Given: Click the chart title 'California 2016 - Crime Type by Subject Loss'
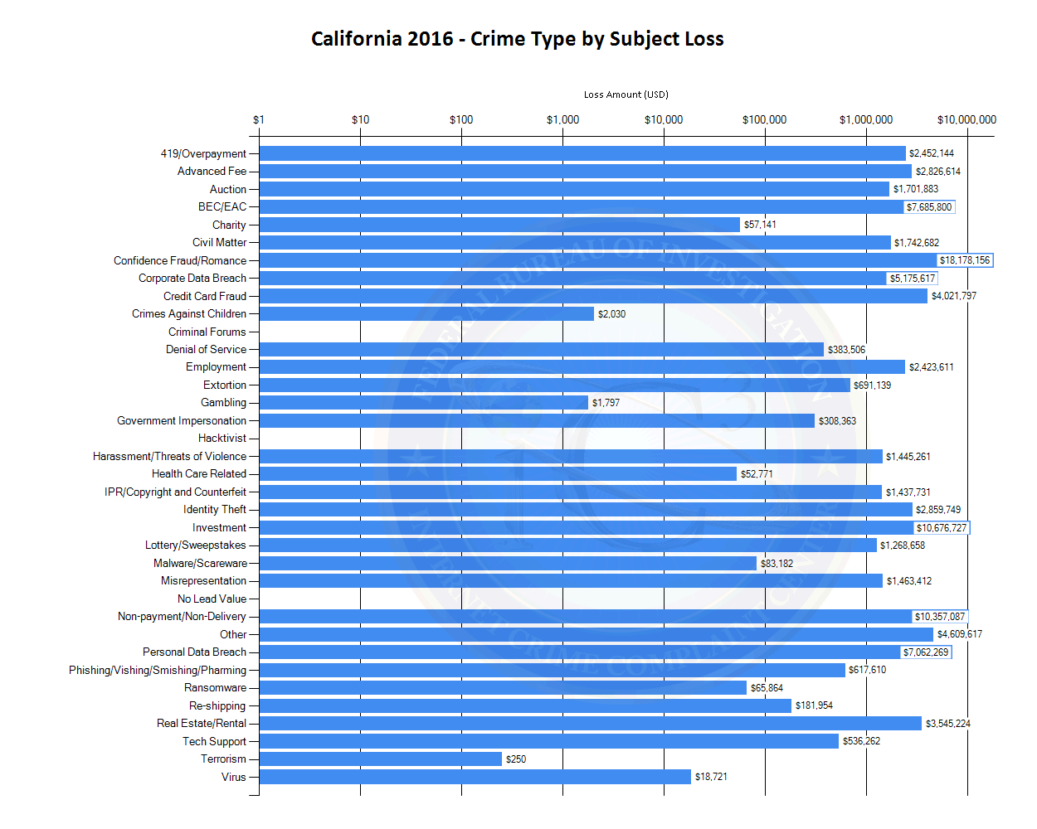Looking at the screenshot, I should pos(517,39).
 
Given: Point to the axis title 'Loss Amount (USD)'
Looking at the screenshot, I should pos(626,95).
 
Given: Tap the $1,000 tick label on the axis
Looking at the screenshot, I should pos(562,119).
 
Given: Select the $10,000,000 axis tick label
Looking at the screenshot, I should pos(966,119).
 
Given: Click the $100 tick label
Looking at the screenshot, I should pos(461,119).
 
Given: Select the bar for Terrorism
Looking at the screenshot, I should pos(380,759).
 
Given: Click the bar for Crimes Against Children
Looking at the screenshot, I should pos(426,314).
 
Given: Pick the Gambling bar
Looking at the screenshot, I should pos(423,403).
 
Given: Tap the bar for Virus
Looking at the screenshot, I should pos(475,777).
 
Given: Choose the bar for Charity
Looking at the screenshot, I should pos(499,225).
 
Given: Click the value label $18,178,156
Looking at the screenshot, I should pos(964,260).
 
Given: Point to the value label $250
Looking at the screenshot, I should pos(516,759).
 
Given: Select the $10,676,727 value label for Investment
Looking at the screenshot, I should pos(941,528).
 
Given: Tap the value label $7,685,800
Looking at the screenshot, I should pos(929,207).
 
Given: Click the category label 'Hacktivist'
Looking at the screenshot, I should pos(222,439).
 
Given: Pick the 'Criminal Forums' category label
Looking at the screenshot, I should pos(207,332).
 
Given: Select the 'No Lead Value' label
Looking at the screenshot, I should pos(212,599).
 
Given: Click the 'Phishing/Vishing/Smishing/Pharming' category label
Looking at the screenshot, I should pos(158,671).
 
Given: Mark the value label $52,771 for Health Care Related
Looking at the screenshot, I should pos(757,474).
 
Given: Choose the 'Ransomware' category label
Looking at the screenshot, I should pos(215,688).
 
